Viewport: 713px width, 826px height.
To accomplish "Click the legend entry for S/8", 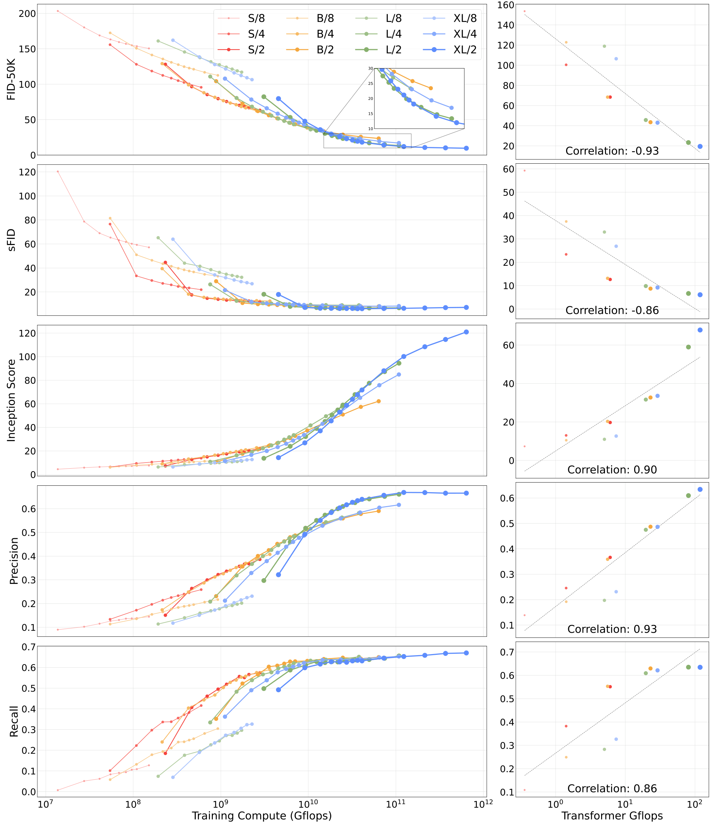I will click(x=256, y=18).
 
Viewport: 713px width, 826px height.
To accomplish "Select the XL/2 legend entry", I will click(x=465, y=50).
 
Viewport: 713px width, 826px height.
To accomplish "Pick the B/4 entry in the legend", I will click(x=325, y=34).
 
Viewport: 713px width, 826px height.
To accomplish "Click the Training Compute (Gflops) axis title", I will click(x=262, y=815).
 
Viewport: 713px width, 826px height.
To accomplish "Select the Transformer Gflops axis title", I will click(x=612, y=815).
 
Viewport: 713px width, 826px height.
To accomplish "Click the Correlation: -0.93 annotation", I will click(x=612, y=151).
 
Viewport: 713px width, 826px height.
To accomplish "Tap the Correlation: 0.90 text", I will click(x=612, y=470).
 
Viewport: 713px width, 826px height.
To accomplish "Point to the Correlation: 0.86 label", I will click(x=612, y=788).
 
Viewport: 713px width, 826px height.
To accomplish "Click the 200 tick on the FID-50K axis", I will click(x=27, y=14).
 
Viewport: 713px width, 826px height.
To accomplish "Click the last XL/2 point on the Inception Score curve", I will click(x=466, y=332).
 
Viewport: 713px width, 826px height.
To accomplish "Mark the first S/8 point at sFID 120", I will click(x=58, y=172).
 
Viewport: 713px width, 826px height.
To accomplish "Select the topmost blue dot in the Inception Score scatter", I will click(x=700, y=330).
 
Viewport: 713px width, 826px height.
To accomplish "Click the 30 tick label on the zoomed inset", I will click(x=371, y=68).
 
